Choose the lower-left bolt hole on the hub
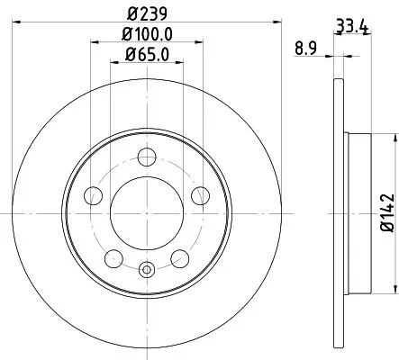click(113, 258)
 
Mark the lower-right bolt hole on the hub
click(180, 258)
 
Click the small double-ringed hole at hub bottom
click(146, 266)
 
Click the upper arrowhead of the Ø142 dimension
click(394, 136)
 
